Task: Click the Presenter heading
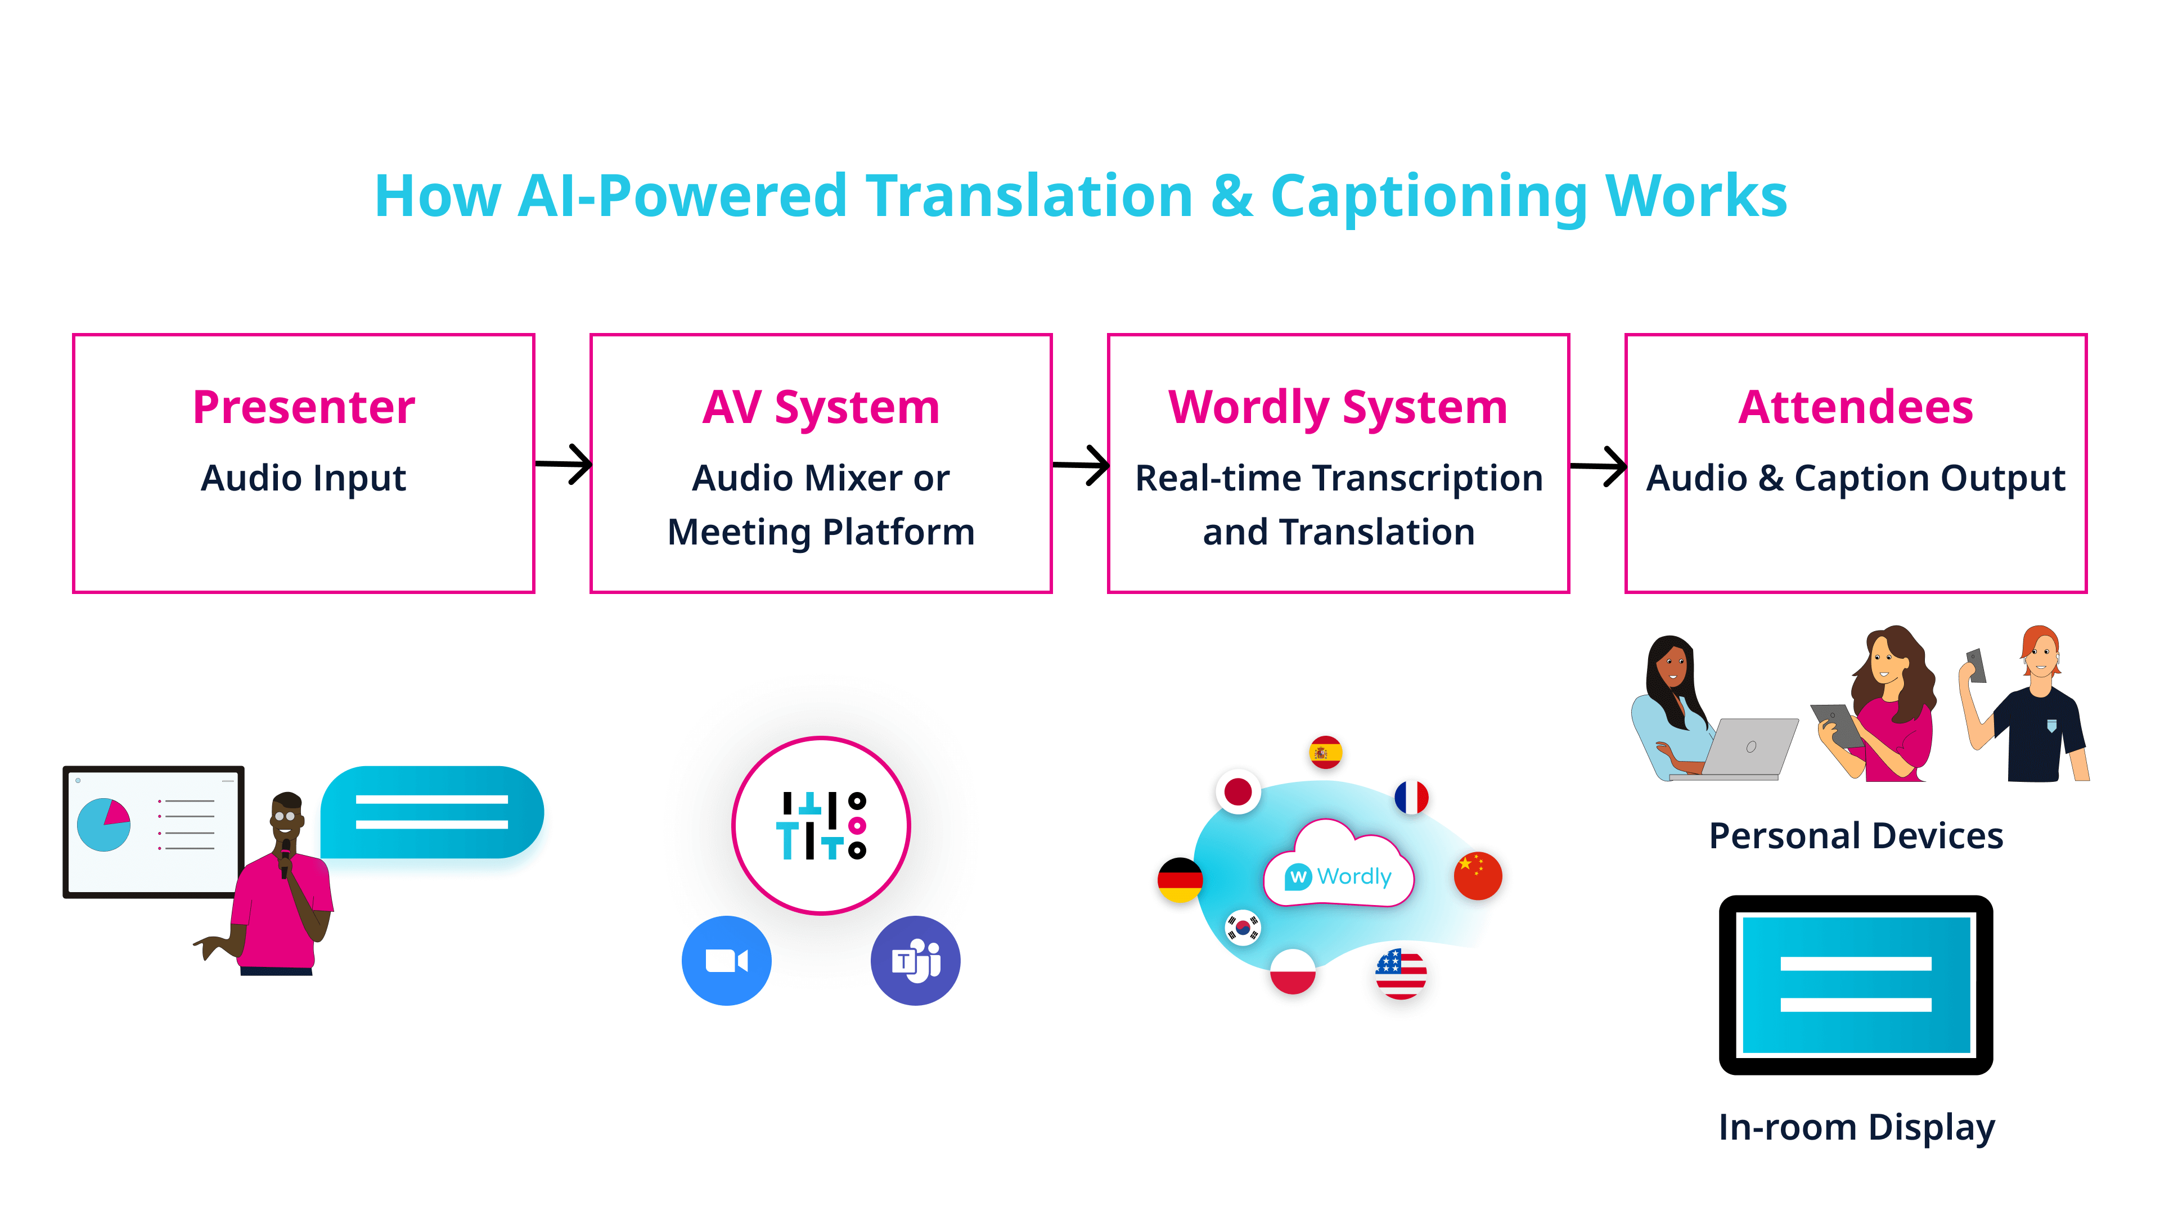pyautogui.click(x=304, y=407)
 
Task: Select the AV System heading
pyautogui.click(x=821, y=407)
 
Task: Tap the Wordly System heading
pyautogui.click(x=1338, y=407)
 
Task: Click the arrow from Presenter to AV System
pyautogui.click(x=564, y=463)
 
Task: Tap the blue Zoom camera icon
pyautogui.click(x=726, y=960)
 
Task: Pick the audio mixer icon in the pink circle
pyautogui.click(x=821, y=825)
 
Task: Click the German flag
pyautogui.click(x=1180, y=880)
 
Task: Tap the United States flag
pyautogui.click(x=1400, y=974)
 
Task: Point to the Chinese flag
pyautogui.click(x=1478, y=875)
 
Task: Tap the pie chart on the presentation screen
pyautogui.click(x=104, y=824)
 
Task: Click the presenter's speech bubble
pyautogui.click(x=432, y=812)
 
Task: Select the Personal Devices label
pyautogui.click(x=1856, y=836)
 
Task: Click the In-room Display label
pyautogui.click(x=1856, y=1127)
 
